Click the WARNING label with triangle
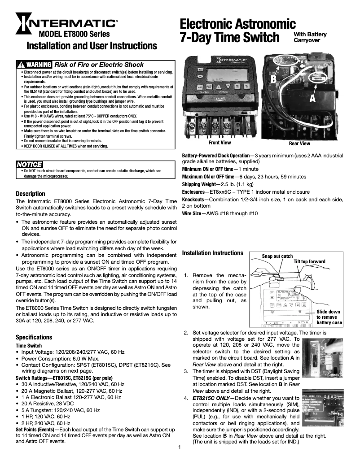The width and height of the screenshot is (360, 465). coord(34,65)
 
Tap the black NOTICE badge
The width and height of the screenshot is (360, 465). coord(29,165)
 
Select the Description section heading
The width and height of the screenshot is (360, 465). coord(31,194)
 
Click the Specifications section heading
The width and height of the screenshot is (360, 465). coord(34,337)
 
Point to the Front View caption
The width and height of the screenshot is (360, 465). coord(220,143)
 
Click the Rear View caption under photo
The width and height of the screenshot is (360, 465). coord(299,143)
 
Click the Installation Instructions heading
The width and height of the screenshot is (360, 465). coord(212,253)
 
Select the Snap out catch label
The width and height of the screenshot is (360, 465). coord(277,256)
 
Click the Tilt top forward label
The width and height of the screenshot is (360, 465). coord(309,261)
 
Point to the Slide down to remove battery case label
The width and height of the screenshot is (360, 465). coord(329,317)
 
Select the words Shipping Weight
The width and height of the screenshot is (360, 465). coord(198,184)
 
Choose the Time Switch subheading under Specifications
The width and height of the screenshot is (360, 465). coord(29,346)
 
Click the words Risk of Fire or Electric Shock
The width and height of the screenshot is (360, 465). coord(99,65)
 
